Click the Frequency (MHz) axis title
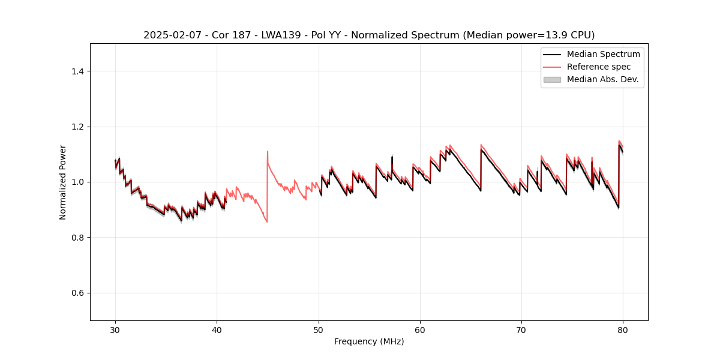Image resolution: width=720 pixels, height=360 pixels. [x=369, y=341]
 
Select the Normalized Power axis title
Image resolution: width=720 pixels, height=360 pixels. [x=63, y=182]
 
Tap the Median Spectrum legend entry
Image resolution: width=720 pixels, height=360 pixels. [x=603, y=54]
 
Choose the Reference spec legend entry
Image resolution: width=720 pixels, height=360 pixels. [x=598, y=67]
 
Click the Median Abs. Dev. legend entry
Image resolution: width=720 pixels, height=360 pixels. [x=602, y=79]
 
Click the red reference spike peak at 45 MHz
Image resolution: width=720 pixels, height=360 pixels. [x=268, y=152]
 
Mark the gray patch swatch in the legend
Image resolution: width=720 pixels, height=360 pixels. [x=552, y=79]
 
